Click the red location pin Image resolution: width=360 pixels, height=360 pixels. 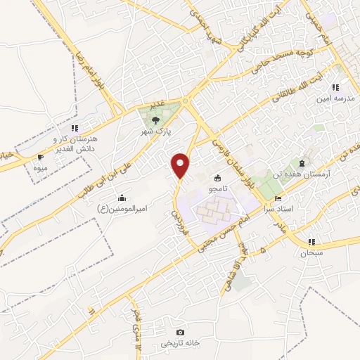tap(181, 165)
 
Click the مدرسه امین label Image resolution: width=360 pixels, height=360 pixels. tap(333, 99)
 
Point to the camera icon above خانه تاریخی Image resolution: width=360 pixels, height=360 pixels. tap(181, 332)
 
